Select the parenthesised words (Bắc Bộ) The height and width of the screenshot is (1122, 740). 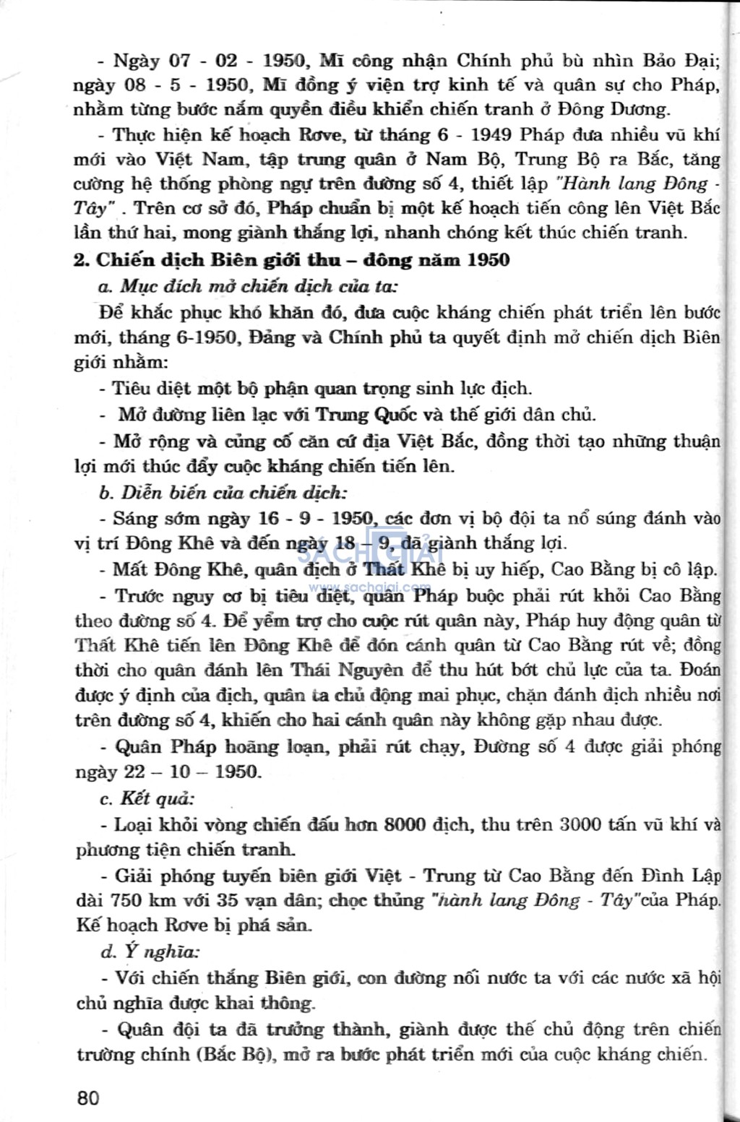pyautogui.click(x=233, y=1054)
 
